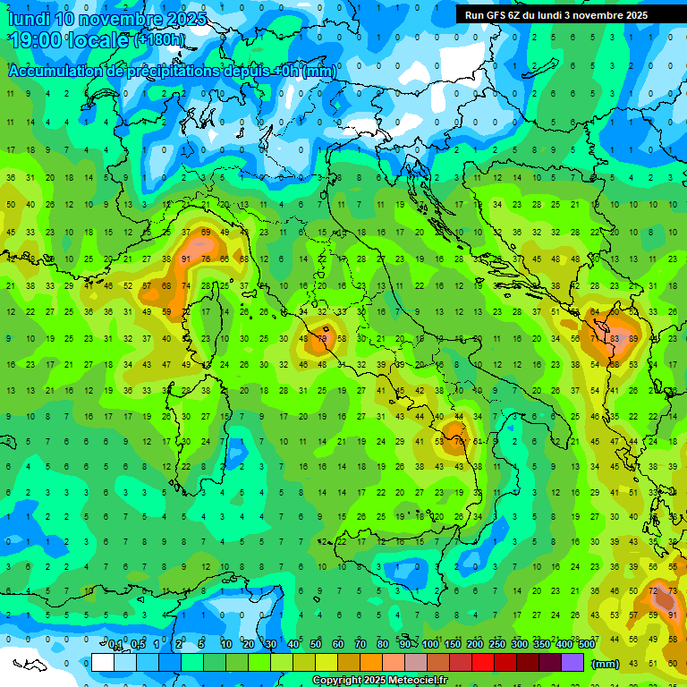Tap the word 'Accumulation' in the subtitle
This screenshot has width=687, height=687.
59,71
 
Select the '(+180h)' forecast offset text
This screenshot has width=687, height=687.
160,40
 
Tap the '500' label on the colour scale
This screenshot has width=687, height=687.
586,645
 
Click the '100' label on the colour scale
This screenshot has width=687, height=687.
430,645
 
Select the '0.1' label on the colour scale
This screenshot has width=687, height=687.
115,645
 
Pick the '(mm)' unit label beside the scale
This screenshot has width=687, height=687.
606,664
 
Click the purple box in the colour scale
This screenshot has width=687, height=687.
572,663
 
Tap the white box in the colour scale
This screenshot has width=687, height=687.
103,663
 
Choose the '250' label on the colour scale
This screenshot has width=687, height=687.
496,645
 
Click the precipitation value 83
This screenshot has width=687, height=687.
615,339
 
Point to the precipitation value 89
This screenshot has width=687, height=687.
634,339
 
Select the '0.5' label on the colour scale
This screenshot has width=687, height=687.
138,645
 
